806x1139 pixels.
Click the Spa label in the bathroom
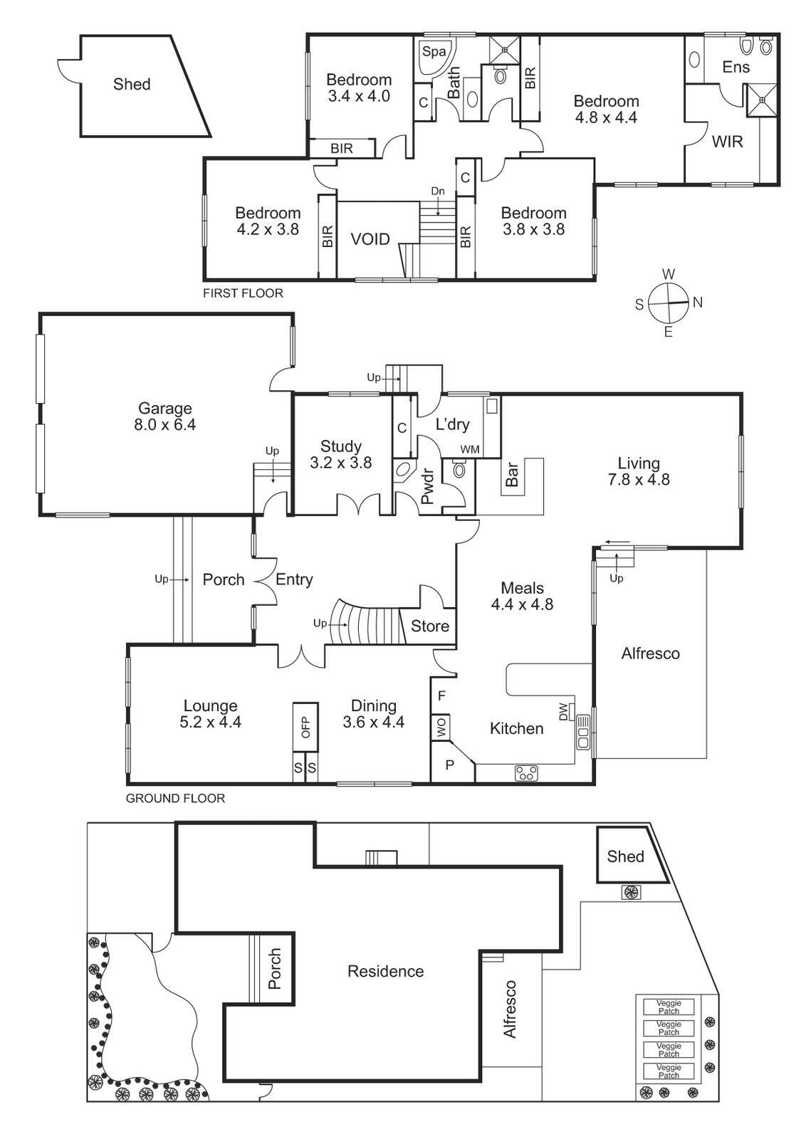(434, 52)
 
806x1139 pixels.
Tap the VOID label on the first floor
(370, 239)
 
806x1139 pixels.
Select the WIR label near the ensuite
(727, 142)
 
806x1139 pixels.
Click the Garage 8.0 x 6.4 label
(165, 416)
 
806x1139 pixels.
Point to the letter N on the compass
(698, 303)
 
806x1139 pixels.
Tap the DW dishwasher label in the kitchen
(563, 710)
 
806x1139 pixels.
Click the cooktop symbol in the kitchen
(527, 773)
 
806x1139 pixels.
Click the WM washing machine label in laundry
(469, 449)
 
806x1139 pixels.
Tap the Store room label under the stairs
(430, 626)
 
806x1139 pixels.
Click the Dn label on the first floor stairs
(438, 191)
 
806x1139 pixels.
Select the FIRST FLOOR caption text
(243, 293)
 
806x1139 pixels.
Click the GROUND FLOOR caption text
(175, 799)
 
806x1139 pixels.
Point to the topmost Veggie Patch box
(669, 1007)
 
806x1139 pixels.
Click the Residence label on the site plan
(385, 972)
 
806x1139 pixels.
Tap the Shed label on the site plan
(625, 856)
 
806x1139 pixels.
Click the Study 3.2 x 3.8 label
(340, 454)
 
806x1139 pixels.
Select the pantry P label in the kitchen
(449, 765)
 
